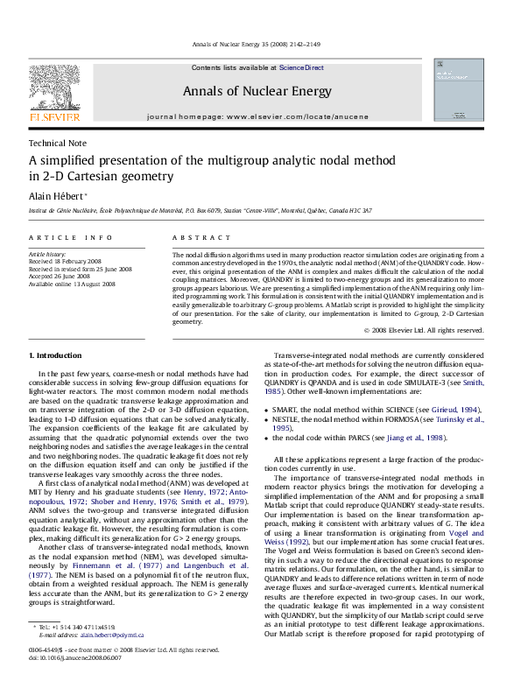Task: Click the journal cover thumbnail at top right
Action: (459, 89)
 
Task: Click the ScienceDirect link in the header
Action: (301, 67)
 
